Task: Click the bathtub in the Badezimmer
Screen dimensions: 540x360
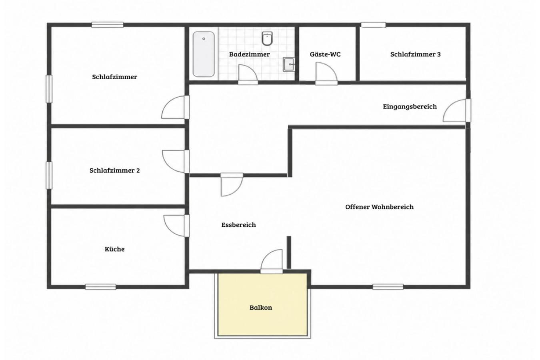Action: click(x=204, y=54)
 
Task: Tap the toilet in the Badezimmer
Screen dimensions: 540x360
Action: click(x=267, y=38)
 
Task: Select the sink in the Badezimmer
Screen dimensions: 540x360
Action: click(x=289, y=64)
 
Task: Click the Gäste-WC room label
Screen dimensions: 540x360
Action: click(x=325, y=54)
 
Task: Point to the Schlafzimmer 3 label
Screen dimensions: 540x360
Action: click(x=415, y=54)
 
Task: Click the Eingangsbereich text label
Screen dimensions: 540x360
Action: click(x=410, y=106)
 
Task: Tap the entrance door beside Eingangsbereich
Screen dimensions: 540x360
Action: click(x=456, y=110)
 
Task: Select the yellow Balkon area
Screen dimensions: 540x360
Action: click(x=262, y=304)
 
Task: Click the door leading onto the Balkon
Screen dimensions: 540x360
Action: click(x=272, y=261)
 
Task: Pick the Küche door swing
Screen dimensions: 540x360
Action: click(x=176, y=226)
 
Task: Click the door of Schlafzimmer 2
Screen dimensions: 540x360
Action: click(x=176, y=161)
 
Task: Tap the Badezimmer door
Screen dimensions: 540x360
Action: click(x=248, y=74)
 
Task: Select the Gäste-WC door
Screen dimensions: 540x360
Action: click(x=326, y=74)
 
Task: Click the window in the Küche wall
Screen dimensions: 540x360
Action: click(x=101, y=287)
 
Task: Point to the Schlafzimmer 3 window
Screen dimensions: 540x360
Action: click(x=373, y=25)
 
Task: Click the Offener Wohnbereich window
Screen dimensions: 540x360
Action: click(x=388, y=287)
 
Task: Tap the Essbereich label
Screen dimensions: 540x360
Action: click(x=239, y=225)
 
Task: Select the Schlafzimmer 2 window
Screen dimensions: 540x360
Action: click(x=49, y=175)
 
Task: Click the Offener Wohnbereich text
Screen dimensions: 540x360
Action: click(x=380, y=207)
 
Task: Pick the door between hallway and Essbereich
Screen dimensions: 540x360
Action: click(x=232, y=184)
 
